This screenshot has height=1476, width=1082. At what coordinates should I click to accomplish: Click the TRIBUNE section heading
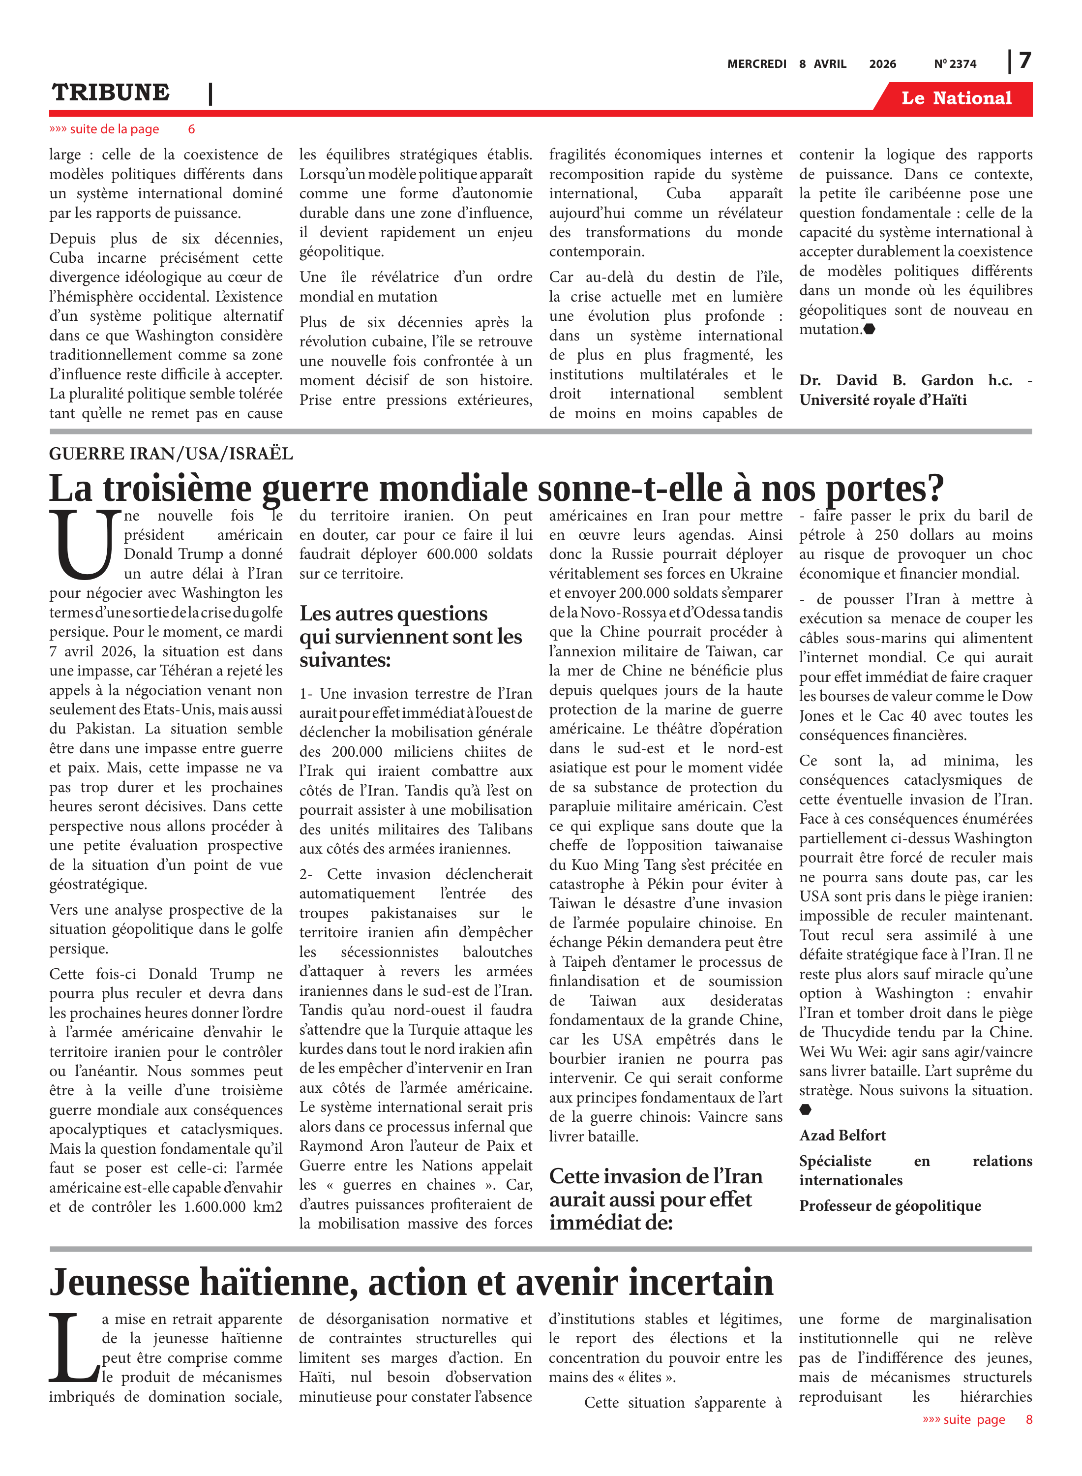click(111, 92)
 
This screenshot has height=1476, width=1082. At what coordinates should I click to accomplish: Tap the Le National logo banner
click(956, 98)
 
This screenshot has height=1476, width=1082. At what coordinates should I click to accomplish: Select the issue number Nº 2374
click(955, 64)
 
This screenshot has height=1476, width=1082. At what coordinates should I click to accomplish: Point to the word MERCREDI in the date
click(756, 64)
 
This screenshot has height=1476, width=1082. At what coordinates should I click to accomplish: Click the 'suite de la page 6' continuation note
click(122, 129)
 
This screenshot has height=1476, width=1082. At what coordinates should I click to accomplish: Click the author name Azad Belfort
click(842, 1136)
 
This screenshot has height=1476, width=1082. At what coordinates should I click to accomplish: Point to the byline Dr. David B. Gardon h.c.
click(915, 381)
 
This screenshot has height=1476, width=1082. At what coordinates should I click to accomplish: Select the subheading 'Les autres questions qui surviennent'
click(411, 636)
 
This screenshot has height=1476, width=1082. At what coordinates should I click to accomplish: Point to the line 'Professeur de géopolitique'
click(890, 1206)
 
